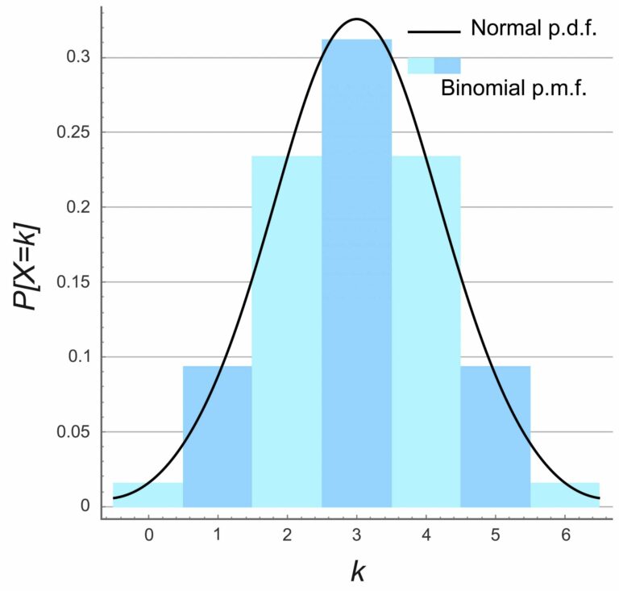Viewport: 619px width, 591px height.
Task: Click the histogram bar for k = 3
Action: (x=356, y=274)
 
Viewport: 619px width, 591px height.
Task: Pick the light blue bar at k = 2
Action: (x=286, y=339)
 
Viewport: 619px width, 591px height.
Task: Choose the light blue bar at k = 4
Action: (x=426, y=339)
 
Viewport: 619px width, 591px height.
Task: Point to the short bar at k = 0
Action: (x=148, y=495)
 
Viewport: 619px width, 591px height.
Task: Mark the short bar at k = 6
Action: (x=565, y=495)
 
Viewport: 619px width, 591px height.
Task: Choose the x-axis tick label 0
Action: (x=148, y=535)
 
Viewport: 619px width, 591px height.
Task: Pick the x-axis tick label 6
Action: (x=565, y=535)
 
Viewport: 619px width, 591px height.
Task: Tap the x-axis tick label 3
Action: (x=356, y=535)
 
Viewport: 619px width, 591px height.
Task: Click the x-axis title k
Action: (x=358, y=571)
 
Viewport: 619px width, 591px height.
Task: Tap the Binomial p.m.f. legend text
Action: (x=513, y=88)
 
